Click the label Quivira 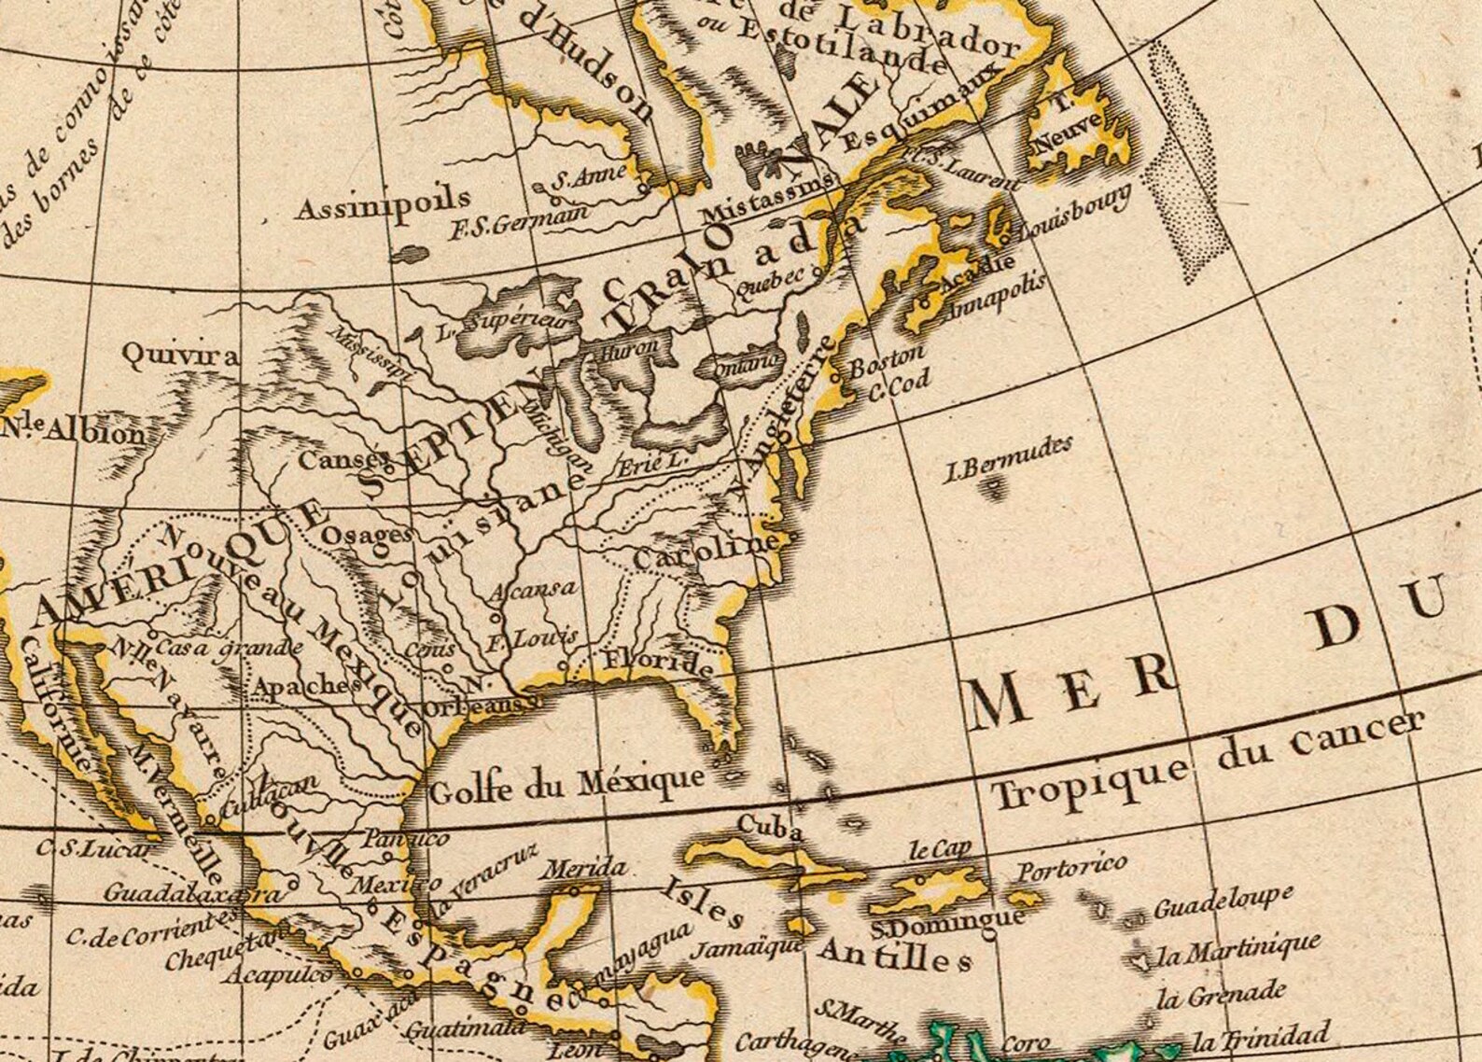pyautogui.click(x=180, y=355)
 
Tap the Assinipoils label pyautogui.click(x=383, y=203)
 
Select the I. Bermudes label pyautogui.click(x=1007, y=457)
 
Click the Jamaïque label pyautogui.click(x=747, y=946)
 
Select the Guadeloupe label pyautogui.click(x=1223, y=901)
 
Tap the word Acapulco pyautogui.click(x=276, y=976)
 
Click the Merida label pyautogui.click(x=585, y=869)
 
